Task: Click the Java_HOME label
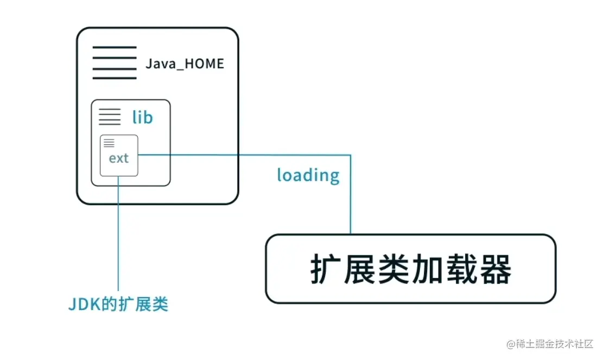point(185,64)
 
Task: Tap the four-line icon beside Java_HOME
point(115,63)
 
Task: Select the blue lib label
point(142,117)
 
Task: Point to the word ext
point(119,158)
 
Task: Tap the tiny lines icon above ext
point(109,143)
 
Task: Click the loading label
point(308,175)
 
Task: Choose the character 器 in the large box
point(495,269)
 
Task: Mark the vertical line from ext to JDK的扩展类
point(118,233)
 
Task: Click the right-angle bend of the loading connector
point(350,155)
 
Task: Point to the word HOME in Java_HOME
point(205,64)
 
